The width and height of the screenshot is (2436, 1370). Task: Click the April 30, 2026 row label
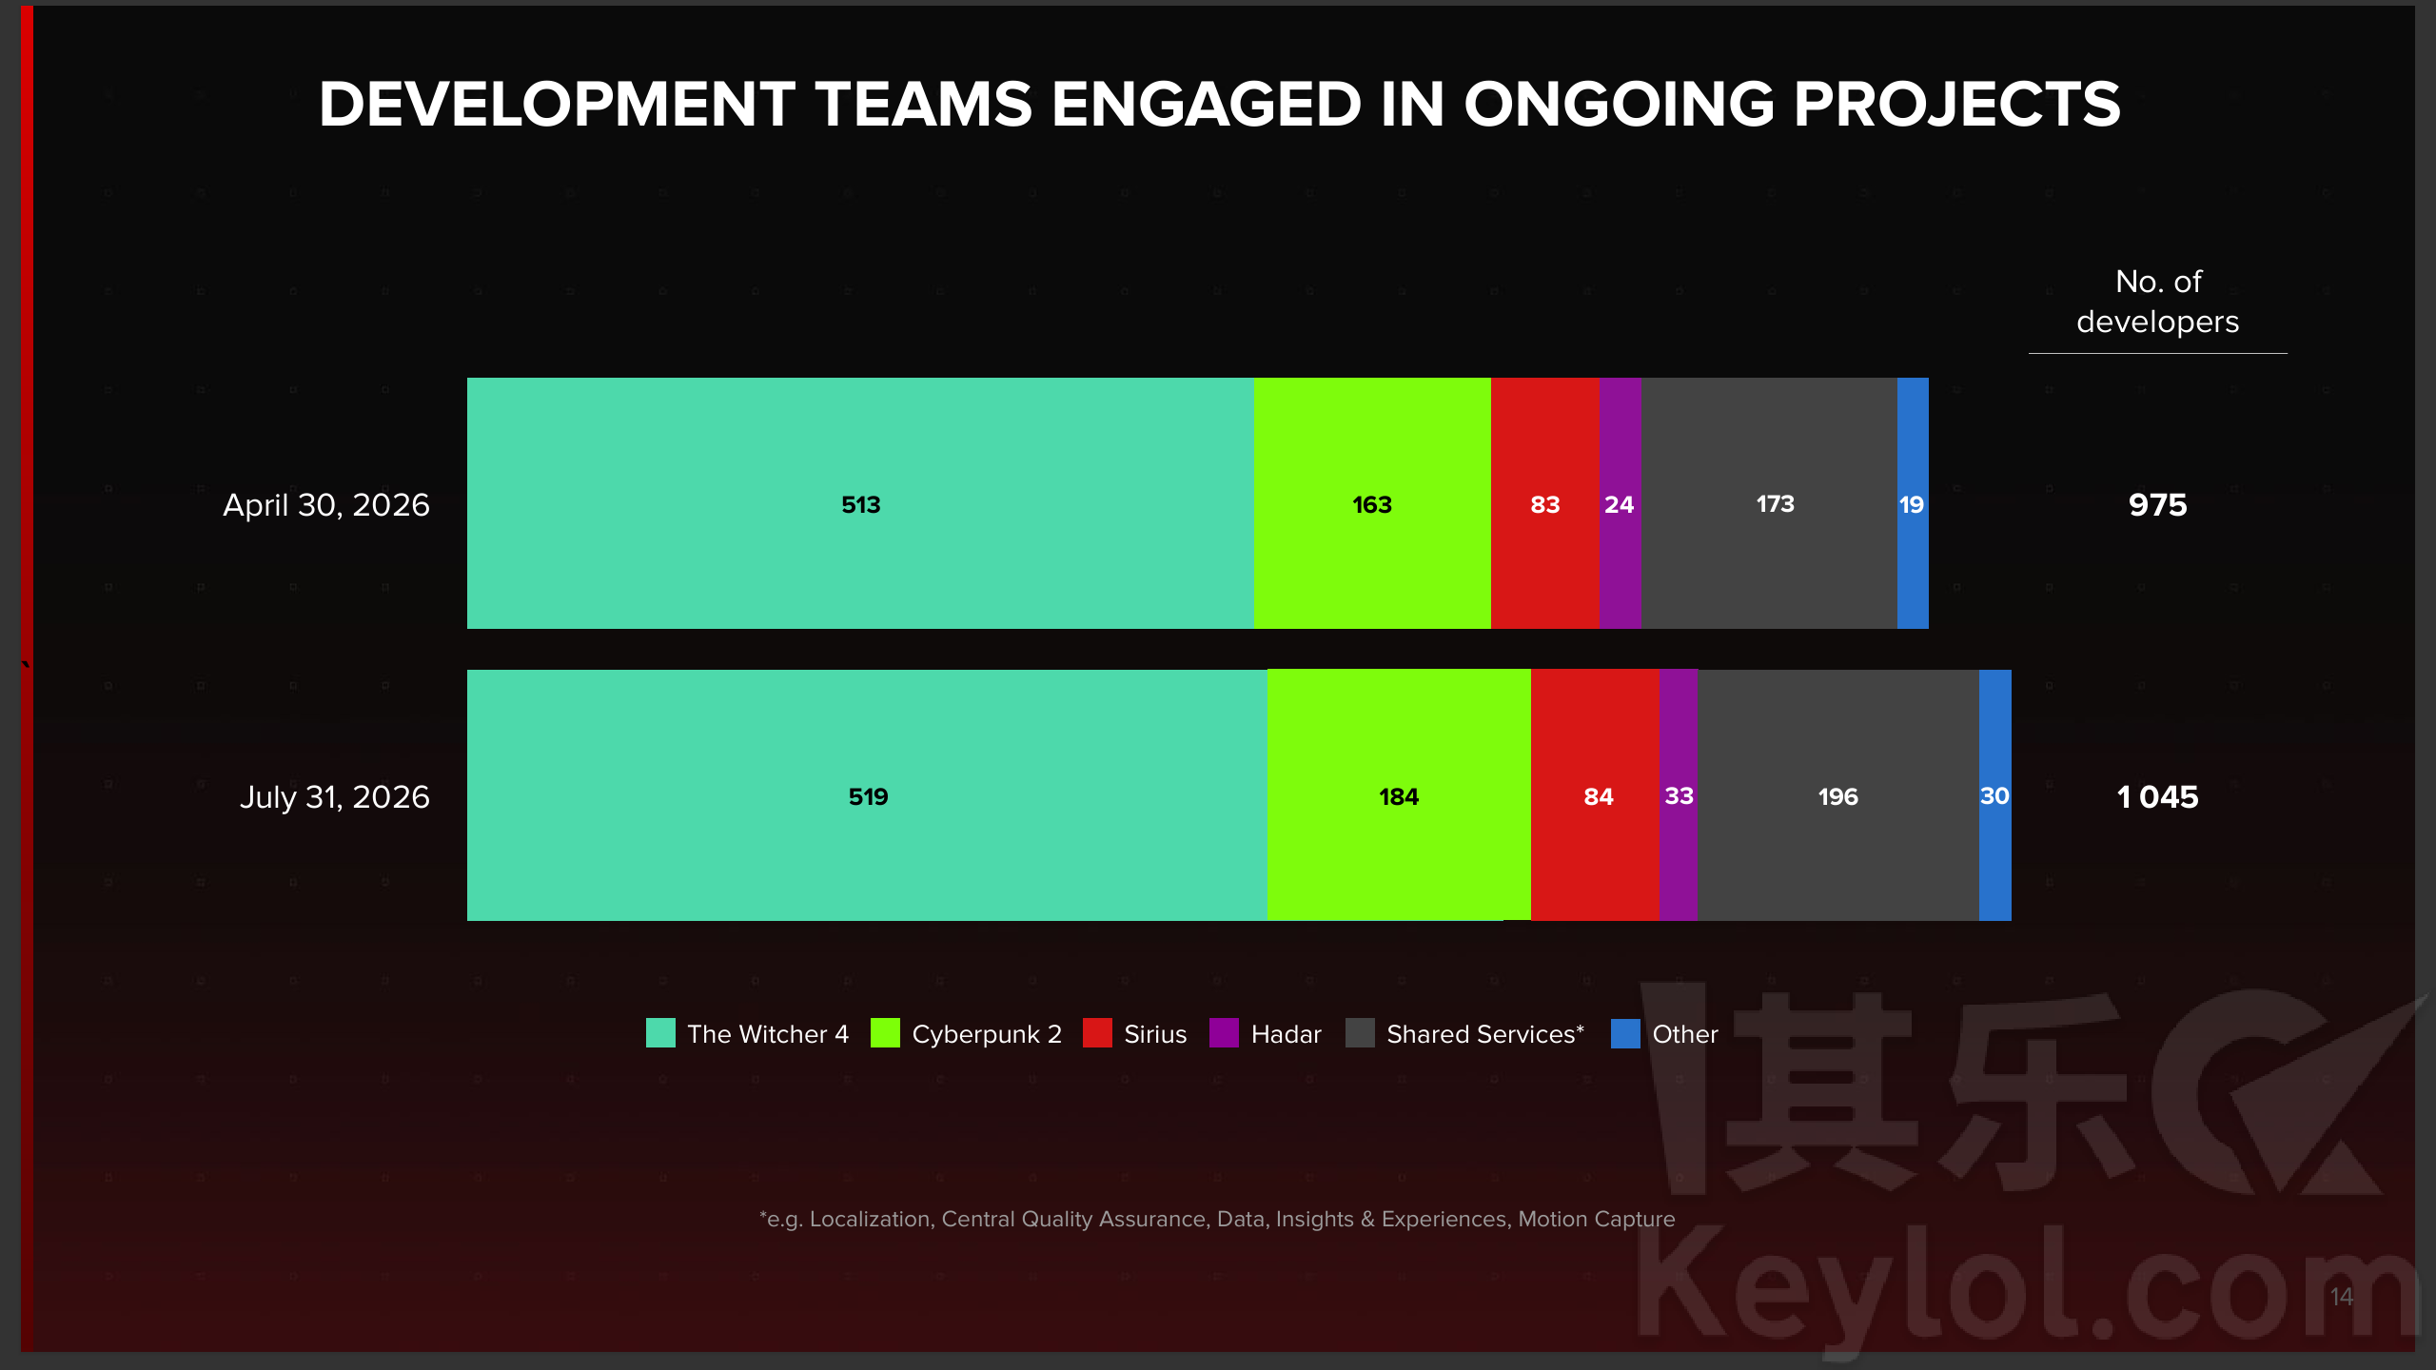click(326, 505)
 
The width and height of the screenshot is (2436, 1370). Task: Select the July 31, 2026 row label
click(335, 797)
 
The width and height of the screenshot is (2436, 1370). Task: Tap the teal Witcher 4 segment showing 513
click(860, 503)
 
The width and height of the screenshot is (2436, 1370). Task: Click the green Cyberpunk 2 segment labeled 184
click(1399, 795)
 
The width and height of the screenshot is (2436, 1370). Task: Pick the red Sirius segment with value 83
click(1545, 503)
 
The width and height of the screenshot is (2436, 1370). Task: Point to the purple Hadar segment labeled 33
click(1678, 795)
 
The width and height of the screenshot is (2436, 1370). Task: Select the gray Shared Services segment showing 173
click(1770, 503)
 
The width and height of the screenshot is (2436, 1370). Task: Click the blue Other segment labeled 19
click(1913, 503)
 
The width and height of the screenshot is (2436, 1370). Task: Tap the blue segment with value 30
click(1995, 795)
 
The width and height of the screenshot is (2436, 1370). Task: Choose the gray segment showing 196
click(1838, 795)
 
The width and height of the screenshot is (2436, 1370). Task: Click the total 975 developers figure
click(2158, 505)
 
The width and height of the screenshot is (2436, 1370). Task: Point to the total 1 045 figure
click(2158, 797)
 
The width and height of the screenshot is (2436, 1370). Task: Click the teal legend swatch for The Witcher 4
click(660, 1033)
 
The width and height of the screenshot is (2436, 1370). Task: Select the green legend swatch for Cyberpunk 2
click(885, 1033)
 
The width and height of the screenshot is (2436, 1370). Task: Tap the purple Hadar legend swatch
click(1224, 1033)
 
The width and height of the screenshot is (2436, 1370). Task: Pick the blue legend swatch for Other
click(1625, 1033)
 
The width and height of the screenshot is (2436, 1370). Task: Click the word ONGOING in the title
click(1619, 104)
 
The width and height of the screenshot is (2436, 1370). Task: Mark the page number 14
click(2341, 1297)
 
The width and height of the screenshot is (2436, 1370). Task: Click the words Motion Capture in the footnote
click(1597, 1220)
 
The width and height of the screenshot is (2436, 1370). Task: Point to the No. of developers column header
click(2158, 302)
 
